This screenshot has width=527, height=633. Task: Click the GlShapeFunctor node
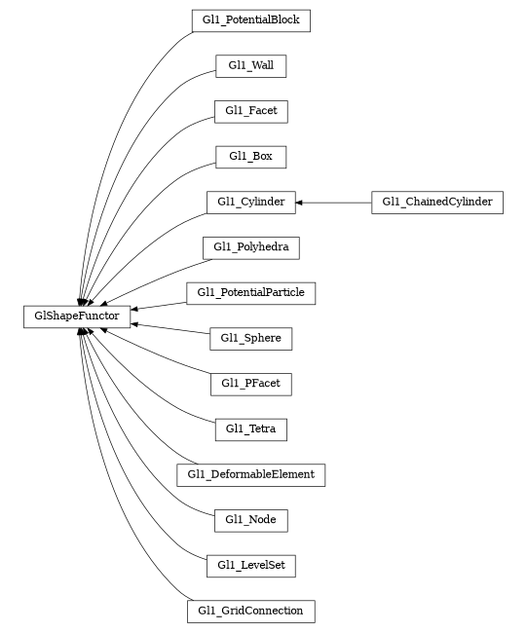click(x=77, y=316)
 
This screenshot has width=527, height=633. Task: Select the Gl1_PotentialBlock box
click(x=250, y=19)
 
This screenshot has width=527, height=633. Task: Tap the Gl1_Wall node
click(x=250, y=65)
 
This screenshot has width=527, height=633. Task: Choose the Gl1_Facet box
click(x=250, y=111)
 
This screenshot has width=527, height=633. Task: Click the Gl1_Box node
click(x=250, y=156)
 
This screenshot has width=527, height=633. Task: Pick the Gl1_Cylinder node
click(x=250, y=202)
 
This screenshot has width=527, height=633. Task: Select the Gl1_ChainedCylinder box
click(x=436, y=202)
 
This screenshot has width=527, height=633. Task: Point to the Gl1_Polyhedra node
click(x=250, y=247)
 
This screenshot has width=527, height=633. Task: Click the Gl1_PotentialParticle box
click(x=250, y=292)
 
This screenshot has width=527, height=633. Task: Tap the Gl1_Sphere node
click(x=250, y=338)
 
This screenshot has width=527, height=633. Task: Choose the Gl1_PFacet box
click(x=250, y=384)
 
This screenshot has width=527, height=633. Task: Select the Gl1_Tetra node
click(x=250, y=428)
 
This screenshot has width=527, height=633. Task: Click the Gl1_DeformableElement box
click(x=250, y=474)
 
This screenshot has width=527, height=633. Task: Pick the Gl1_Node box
click(x=250, y=520)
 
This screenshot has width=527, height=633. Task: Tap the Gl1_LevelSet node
click(x=250, y=565)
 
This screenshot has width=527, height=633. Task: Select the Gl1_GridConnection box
click(x=250, y=612)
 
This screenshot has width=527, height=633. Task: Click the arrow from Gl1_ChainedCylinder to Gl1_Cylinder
click(x=336, y=202)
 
